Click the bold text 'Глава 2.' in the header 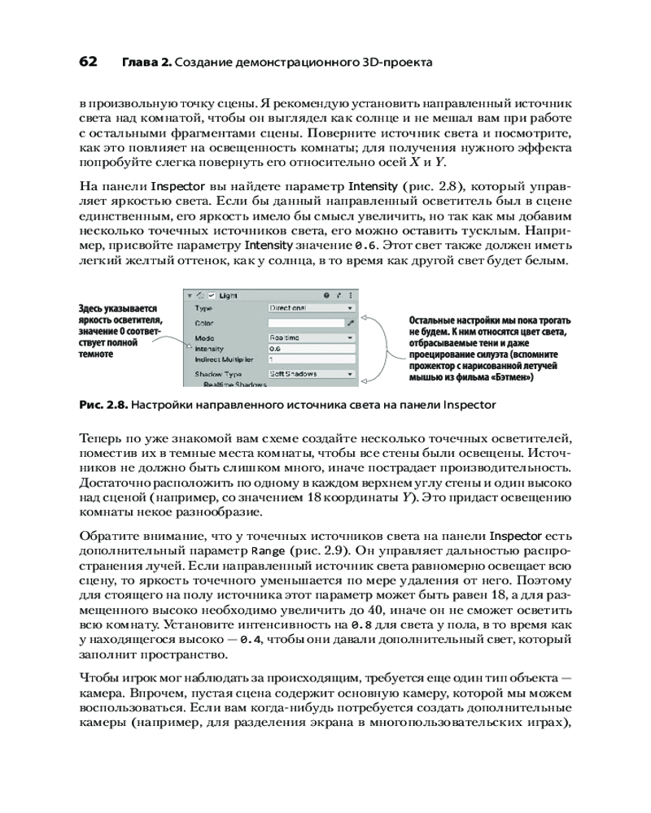tap(146, 63)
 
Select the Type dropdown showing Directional tap(312, 309)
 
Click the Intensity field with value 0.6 tap(312, 348)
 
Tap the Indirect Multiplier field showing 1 tap(312, 359)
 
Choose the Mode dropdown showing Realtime tap(312, 337)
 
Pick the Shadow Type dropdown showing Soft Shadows tap(312, 374)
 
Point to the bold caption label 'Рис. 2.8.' tap(103, 403)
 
